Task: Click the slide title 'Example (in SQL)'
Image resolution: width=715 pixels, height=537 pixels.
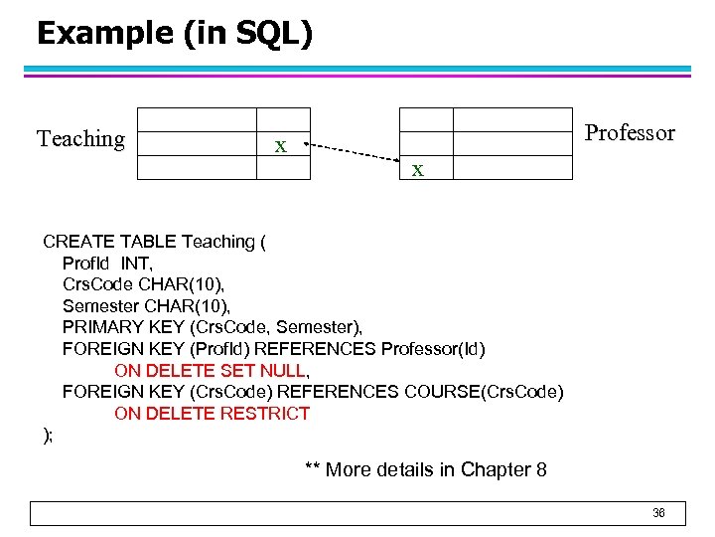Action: pos(174,33)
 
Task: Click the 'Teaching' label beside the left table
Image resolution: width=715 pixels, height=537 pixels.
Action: pos(80,139)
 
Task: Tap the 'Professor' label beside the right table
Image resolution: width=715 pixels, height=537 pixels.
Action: pos(630,133)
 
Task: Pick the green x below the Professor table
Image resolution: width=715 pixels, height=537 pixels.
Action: pos(418,170)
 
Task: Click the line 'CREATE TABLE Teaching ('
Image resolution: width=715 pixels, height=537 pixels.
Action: pos(154,242)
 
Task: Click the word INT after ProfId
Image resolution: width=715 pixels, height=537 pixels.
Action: pos(136,264)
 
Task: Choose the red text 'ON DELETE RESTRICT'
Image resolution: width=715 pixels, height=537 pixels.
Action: pos(212,414)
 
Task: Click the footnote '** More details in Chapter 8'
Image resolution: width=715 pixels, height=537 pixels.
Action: pos(425,469)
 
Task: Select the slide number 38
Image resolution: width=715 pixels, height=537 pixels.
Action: pos(658,513)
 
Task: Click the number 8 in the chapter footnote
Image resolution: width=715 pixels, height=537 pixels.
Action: pos(540,469)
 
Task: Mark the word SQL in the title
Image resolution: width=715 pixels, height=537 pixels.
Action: pos(268,33)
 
